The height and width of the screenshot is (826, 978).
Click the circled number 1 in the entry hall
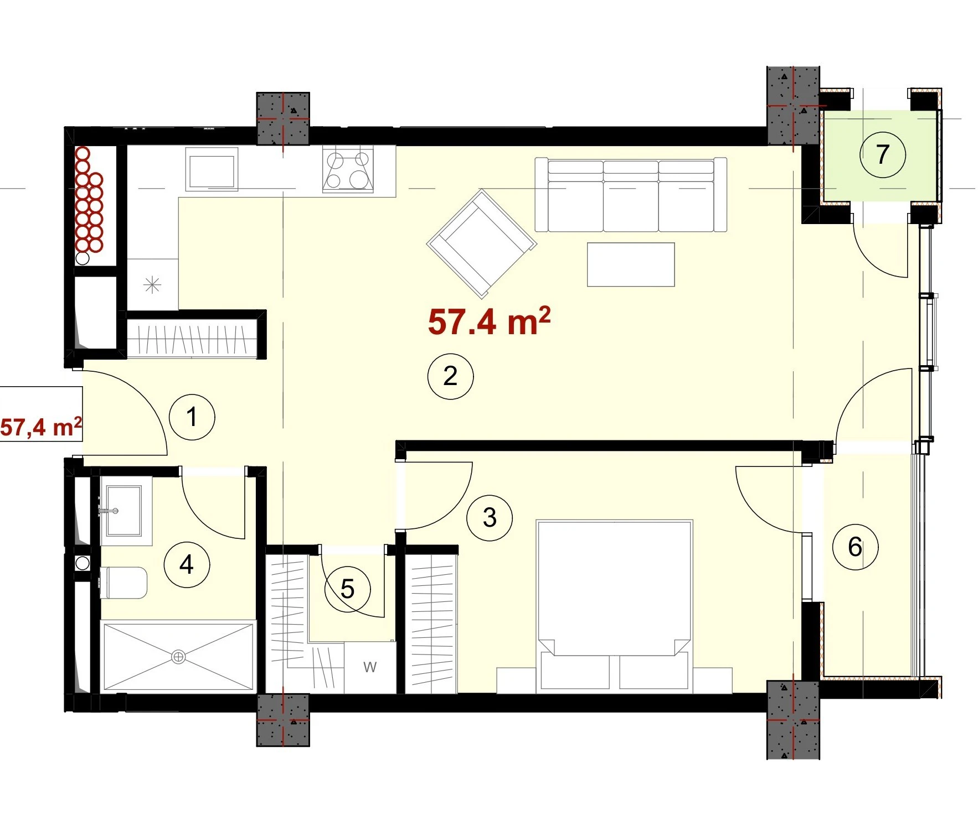(x=192, y=417)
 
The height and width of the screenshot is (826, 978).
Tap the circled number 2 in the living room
(x=450, y=376)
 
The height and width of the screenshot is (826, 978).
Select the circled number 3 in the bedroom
(x=490, y=518)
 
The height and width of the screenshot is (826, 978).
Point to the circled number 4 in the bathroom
(x=187, y=565)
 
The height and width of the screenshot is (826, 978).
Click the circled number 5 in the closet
(x=347, y=589)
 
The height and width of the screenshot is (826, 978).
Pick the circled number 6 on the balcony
(x=856, y=547)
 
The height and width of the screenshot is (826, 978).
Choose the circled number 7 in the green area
(x=883, y=155)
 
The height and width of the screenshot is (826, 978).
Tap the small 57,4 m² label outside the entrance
(x=41, y=427)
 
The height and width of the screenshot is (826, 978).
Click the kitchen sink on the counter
(x=212, y=169)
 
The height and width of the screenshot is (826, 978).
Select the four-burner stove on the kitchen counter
(x=348, y=170)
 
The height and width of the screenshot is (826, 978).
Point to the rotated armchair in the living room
(x=481, y=243)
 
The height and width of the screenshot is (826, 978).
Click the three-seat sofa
(x=631, y=195)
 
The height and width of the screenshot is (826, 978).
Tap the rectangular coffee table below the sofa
(x=631, y=264)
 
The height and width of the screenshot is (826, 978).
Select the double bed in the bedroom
(x=615, y=606)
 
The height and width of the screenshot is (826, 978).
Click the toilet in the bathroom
(x=123, y=583)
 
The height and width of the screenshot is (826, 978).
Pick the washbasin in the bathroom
(x=123, y=511)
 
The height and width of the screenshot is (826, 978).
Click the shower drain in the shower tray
(x=178, y=657)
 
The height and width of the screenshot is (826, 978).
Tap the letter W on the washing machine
(x=370, y=667)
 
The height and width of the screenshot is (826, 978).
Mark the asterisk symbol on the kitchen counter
(x=152, y=285)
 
